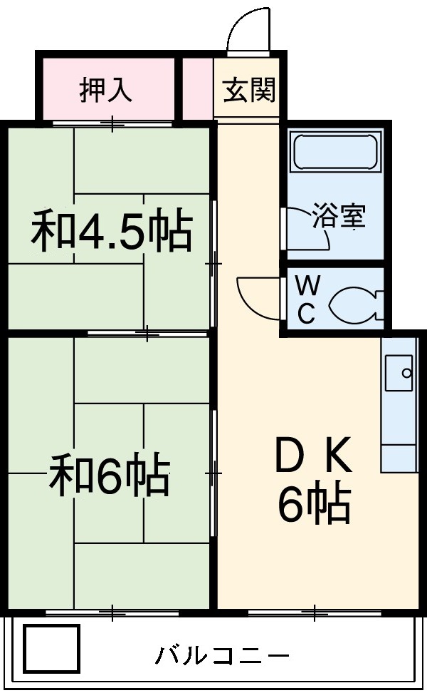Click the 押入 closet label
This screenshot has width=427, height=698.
point(105,91)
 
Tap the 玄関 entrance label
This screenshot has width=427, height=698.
point(249,91)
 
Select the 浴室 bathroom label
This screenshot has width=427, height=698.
point(339,216)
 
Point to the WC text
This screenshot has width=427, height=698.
point(306,299)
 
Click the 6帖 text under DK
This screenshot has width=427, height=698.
point(313,505)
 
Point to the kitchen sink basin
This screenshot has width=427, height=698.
point(399,373)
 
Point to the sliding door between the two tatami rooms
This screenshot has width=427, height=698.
point(147,333)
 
